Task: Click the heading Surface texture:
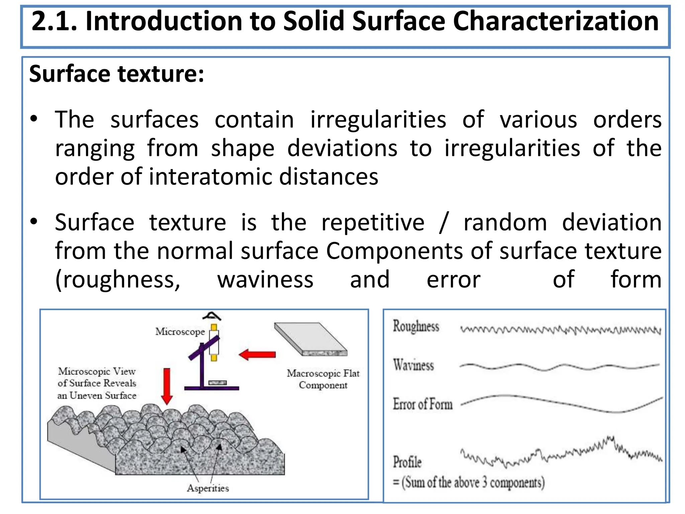116,74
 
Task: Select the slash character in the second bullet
444,222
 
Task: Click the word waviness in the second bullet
265,279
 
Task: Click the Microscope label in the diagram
180,332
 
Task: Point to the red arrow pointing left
257,354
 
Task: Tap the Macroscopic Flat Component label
323,379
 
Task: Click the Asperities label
208,488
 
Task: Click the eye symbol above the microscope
212,316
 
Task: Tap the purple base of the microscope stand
211,388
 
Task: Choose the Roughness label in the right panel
416,326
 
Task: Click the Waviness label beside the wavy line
413,365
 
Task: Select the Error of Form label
422,404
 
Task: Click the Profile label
407,462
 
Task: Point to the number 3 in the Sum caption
484,482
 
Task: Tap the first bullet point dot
34,119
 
